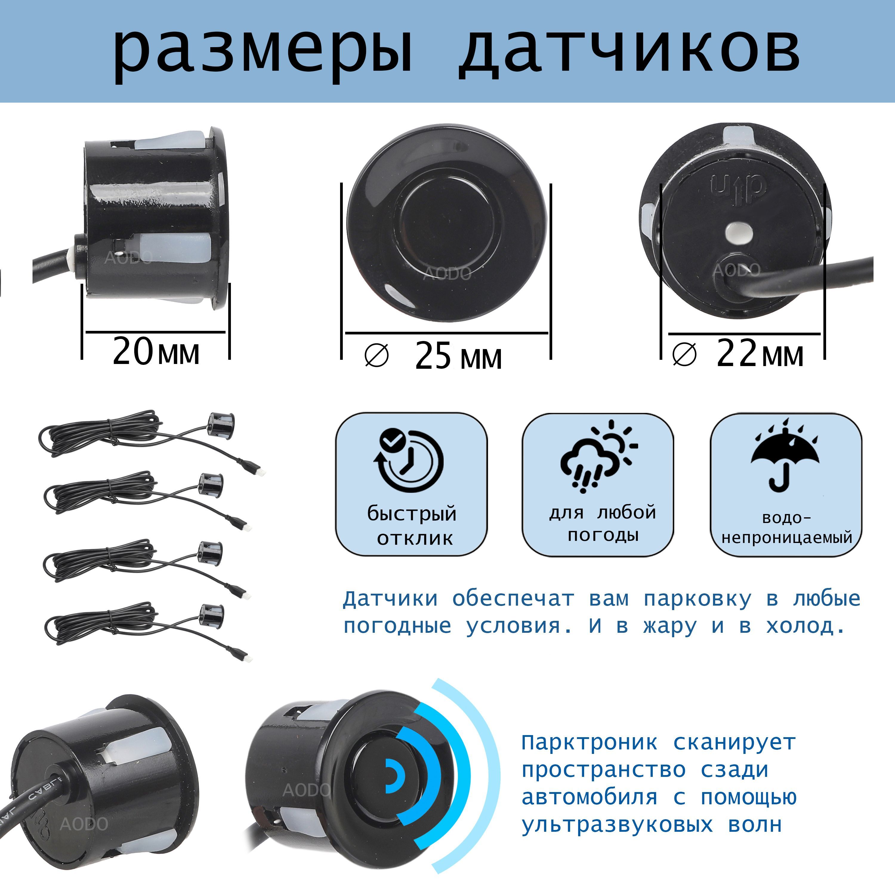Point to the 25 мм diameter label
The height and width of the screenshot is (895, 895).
pyautogui.click(x=458, y=356)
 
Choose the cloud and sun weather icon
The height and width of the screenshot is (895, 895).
pyautogui.click(x=598, y=456)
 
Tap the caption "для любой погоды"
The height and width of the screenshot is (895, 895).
pyautogui.click(x=602, y=524)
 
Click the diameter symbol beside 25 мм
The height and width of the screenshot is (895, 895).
pyautogui.click(x=376, y=356)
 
